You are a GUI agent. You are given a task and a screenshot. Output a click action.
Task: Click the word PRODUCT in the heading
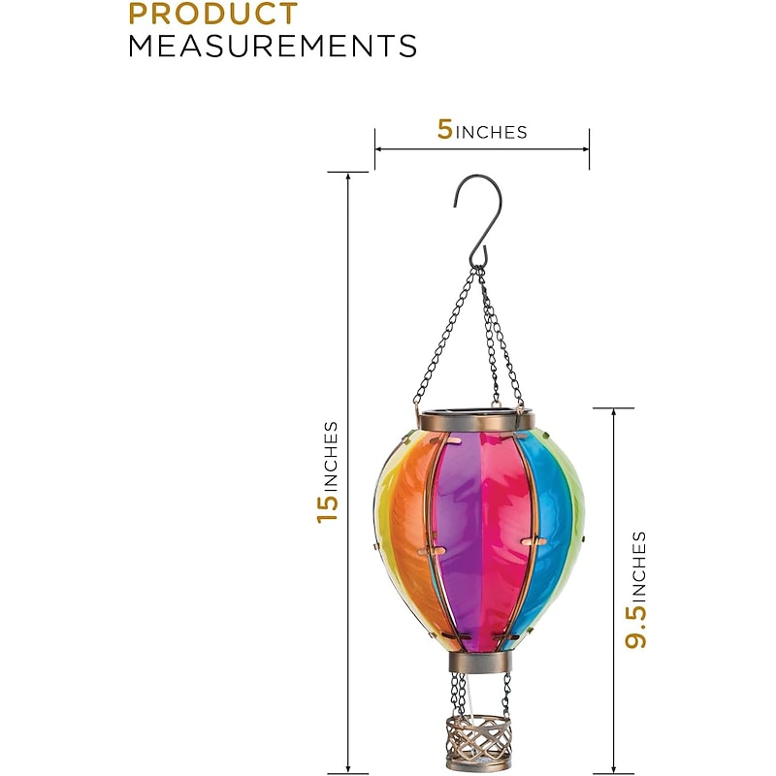pos(213,14)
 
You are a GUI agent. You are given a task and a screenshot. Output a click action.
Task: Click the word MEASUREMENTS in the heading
pos(273,46)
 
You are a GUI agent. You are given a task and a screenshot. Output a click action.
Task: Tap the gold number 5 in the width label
pos(445,130)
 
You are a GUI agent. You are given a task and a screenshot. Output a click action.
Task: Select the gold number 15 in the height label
pos(327,507)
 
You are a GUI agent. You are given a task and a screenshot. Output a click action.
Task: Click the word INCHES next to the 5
pos(491,133)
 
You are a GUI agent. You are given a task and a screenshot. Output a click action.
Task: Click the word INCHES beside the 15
pos(330,456)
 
